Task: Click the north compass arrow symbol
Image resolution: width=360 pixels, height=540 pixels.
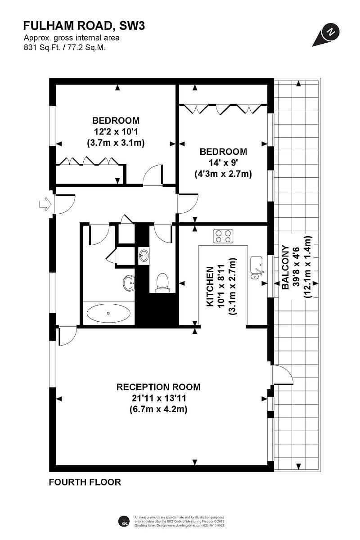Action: [327, 35]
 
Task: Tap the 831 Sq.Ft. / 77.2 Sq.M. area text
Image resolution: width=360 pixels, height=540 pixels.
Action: [65, 47]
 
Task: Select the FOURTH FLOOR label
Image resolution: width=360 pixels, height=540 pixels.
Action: [85, 482]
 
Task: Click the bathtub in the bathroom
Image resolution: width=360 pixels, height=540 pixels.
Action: [108, 313]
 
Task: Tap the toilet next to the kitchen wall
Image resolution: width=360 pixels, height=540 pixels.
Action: [162, 283]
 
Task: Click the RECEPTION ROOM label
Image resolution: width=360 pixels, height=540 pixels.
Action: [158, 387]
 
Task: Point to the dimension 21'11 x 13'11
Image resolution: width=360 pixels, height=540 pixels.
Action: [158, 398]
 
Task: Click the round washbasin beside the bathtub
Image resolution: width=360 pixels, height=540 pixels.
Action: [129, 283]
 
